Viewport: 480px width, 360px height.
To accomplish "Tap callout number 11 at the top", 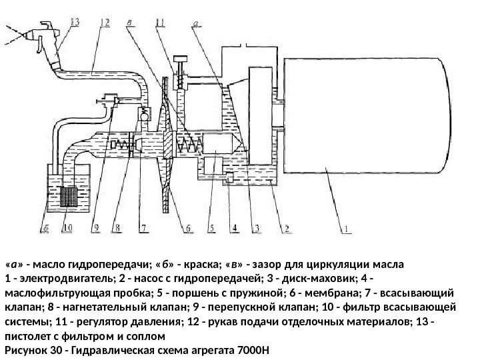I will (x=160, y=22).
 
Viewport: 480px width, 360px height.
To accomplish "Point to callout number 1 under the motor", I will (x=347, y=227).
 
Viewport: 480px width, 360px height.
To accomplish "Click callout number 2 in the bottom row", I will (x=285, y=227).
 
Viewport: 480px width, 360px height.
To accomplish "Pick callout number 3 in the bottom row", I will (x=255, y=227).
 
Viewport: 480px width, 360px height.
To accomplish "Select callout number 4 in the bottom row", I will (x=234, y=227).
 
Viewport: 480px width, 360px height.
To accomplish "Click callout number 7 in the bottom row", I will (x=142, y=227).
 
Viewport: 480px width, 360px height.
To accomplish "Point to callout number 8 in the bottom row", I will (x=118, y=227).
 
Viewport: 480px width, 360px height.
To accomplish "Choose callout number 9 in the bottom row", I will (x=95, y=227).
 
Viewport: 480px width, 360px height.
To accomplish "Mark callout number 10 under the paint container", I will (x=67, y=227).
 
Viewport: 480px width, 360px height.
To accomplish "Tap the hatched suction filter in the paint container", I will (x=68, y=197).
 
